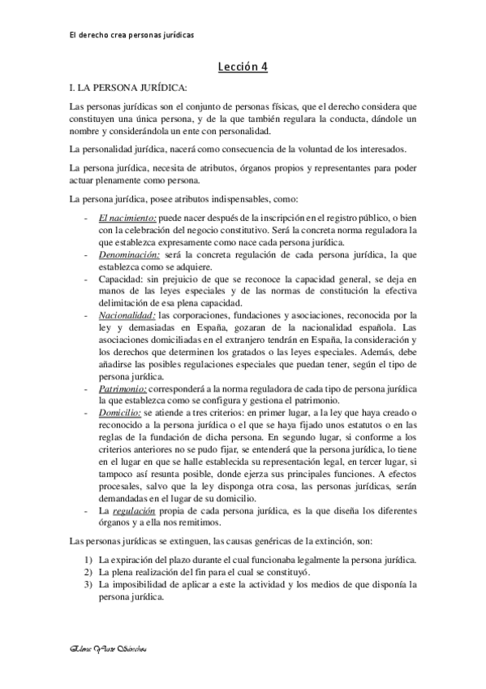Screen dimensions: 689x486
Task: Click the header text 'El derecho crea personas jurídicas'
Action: [x=131, y=35]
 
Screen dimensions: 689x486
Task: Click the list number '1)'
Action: [x=88, y=561]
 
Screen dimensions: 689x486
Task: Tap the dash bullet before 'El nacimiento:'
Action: [x=87, y=219]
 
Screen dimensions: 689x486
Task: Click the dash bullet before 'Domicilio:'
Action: [x=87, y=413]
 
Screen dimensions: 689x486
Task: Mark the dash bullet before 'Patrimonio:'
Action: [x=87, y=390]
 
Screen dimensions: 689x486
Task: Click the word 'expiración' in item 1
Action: [x=134, y=561]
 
